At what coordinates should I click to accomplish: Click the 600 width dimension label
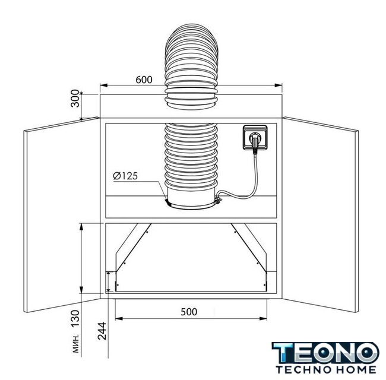(x=144, y=80)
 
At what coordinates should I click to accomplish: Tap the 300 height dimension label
(x=75, y=99)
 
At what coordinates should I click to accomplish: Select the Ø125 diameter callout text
(x=125, y=176)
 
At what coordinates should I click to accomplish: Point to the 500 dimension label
(x=189, y=312)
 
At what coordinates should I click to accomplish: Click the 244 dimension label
(x=102, y=331)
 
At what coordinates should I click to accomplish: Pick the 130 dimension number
(x=75, y=318)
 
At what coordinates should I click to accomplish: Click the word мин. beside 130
(x=77, y=343)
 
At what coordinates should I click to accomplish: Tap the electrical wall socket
(x=255, y=137)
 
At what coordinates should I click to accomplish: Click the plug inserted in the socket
(x=254, y=142)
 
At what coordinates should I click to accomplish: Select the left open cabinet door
(x=62, y=214)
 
